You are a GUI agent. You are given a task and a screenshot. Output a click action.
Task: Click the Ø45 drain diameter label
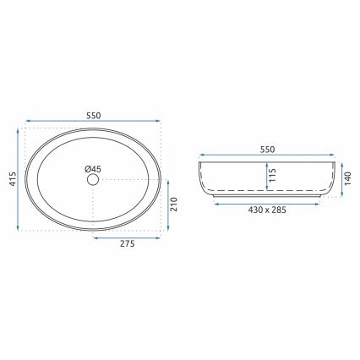coord(92,168)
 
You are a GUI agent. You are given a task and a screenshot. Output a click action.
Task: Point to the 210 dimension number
coord(175,204)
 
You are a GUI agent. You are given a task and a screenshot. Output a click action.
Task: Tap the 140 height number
coord(346,177)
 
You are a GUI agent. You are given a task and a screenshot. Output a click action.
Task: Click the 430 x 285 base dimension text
coord(267,210)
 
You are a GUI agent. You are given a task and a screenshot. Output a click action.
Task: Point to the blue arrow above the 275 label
coord(127,237)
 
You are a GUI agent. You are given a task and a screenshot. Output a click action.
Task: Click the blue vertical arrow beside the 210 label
coord(167,204)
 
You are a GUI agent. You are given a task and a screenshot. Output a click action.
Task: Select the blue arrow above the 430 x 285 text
coord(267,202)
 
